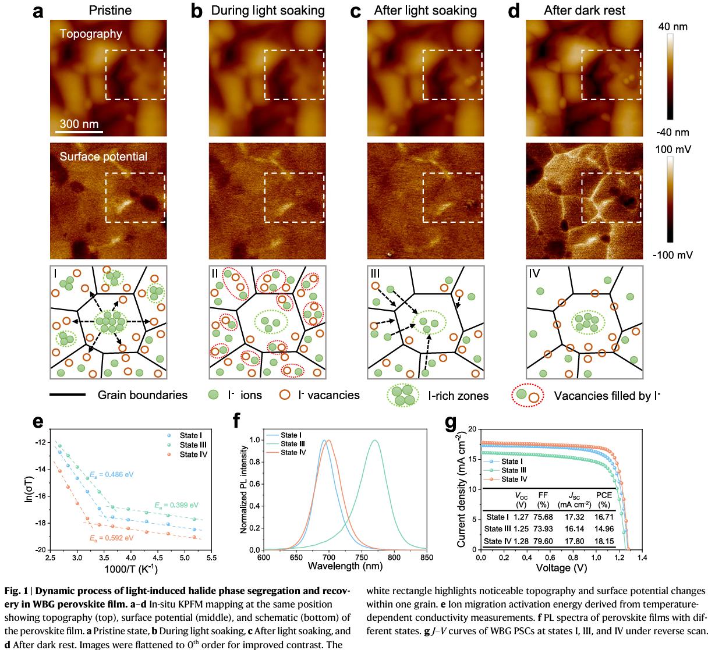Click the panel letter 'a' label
pos(38,11)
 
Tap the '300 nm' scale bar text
pos(79,124)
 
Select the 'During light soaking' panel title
pos(267,10)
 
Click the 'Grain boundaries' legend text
pos(143,396)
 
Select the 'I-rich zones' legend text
pos(458,396)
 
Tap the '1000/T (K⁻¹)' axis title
pos(130,569)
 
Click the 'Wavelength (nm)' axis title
pos(345,566)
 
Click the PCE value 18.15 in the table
pos(604,542)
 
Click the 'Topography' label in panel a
pos(91,34)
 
